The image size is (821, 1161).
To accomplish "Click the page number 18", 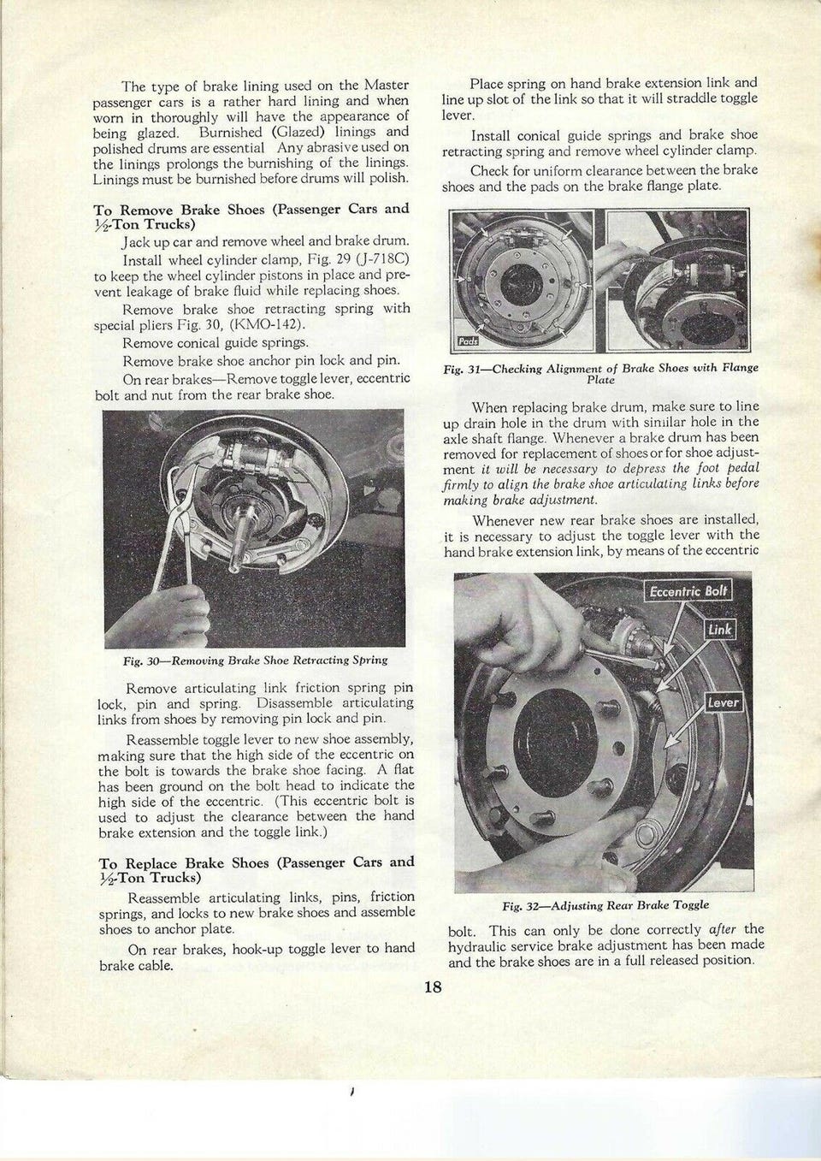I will click(x=432, y=987).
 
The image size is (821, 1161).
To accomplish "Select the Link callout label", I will click(x=719, y=630).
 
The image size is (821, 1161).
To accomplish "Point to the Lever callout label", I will click(x=723, y=702).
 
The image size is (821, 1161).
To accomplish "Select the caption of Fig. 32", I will click(x=605, y=904).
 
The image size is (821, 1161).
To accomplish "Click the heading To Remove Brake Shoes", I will click(x=251, y=216).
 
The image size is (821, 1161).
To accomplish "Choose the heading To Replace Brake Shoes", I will click(x=257, y=869).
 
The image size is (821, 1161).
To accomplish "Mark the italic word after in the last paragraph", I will click(x=724, y=929).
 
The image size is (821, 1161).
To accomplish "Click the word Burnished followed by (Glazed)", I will click(x=230, y=133).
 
